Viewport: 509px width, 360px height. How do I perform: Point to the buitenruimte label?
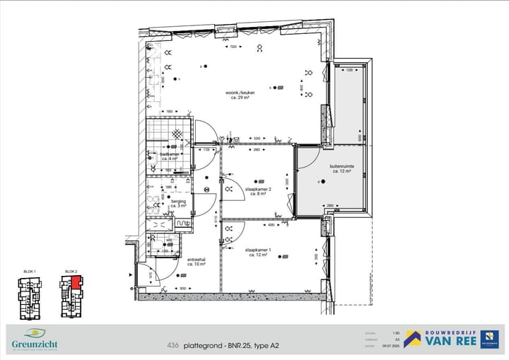(342, 168)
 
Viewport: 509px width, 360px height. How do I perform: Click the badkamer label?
(170, 155)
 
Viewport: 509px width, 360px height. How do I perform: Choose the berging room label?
(179, 202)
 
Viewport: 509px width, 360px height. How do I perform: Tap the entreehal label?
(196, 260)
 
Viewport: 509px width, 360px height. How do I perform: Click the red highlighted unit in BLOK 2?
(74, 282)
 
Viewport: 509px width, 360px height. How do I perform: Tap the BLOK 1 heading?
(29, 272)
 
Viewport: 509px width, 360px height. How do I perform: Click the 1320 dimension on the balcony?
(349, 70)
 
